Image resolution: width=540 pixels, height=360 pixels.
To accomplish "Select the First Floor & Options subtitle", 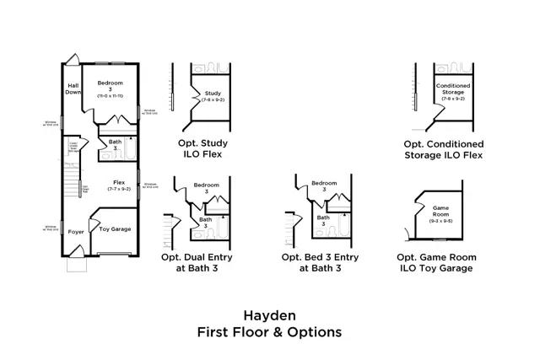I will pos(269,331).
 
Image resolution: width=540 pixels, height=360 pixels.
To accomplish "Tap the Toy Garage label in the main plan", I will pos(115,229).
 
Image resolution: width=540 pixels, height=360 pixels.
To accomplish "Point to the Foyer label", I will pos(76,231).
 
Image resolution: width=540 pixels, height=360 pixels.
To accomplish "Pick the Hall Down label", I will pos(73,89).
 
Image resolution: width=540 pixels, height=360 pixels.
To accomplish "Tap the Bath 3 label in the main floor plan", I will pos(115,146).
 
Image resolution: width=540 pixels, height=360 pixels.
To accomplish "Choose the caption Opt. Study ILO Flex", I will pos(202,148).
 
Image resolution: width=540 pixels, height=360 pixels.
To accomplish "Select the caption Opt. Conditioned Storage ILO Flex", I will pos(443,148).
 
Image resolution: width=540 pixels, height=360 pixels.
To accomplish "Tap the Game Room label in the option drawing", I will pos(440,211).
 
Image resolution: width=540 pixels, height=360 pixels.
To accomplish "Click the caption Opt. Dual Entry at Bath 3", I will pos(202,262).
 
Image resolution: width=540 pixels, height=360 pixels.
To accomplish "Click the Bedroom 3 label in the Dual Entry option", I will pos(207,188).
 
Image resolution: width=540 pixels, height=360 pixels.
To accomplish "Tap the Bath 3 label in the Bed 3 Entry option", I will pos(323,221).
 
